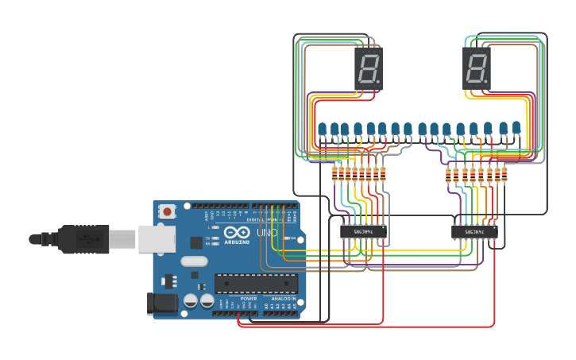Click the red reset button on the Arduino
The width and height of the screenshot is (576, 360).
(x=168, y=211)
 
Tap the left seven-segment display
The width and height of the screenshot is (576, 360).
(x=369, y=68)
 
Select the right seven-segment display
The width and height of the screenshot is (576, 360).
(x=477, y=68)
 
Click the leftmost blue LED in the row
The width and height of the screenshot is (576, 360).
(x=323, y=130)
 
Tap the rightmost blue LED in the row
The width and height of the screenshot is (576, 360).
(x=516, y=128)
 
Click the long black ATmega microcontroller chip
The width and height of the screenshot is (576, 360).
(x=256, y=284)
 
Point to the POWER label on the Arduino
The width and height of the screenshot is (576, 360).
(x=249, y=299)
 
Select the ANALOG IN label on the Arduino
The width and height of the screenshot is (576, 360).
(x=283, y=299)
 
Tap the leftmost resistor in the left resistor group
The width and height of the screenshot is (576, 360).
(x=334, y=174)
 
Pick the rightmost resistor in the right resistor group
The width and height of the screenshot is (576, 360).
(x=504, y=174)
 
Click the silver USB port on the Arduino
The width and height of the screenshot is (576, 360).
(x=157, y=238)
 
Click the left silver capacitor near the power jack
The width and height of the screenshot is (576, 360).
(x=191, y=300)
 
